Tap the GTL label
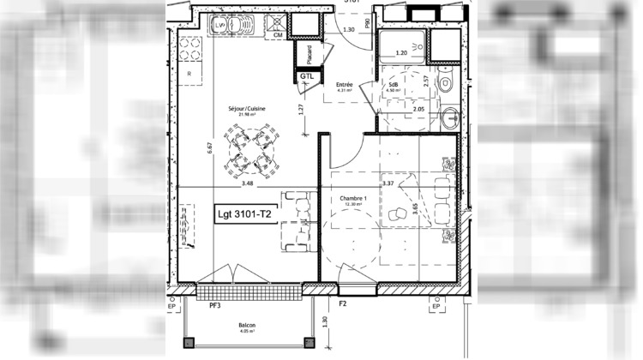pos(307,76)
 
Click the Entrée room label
pos(345,84)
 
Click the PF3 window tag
pos(213,303)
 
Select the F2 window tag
pos(342,303)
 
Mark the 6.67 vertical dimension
pos(209,147)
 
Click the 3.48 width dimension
pos(248,183)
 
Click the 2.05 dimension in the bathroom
pos(418,110)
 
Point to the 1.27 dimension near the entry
pos(302,110)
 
